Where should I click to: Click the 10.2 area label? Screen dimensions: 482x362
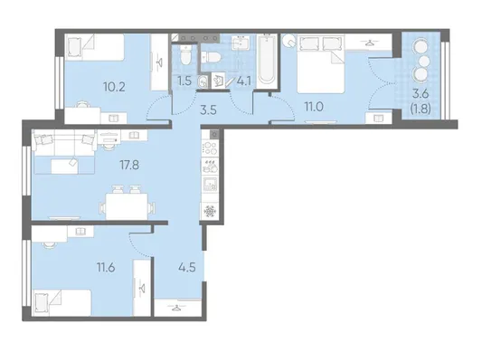tap(114, 88)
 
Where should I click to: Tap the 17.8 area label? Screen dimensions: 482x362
tap(129, 165)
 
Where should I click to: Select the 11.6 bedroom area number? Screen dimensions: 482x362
tap(106, 268)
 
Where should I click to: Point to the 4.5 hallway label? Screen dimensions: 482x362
tap(187, 267)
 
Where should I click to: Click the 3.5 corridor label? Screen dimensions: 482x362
tap(208, 110)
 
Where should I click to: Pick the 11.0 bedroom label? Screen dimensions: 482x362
tap(314, 107)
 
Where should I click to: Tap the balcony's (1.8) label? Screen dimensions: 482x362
tap(421, 109)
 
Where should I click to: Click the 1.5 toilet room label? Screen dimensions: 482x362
tap(184, 81)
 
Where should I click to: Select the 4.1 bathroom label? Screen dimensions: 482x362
tap(244, 81)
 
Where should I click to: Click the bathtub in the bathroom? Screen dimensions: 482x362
tap(266, 60)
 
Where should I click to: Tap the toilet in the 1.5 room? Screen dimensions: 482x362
tap(185, 55)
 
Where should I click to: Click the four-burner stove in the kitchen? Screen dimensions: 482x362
tap(210, 148)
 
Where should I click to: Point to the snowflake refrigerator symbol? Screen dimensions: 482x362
tap(211, 211)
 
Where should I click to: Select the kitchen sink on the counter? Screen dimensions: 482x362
tap(210, 185)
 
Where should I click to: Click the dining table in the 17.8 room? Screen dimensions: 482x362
tap(127, 206)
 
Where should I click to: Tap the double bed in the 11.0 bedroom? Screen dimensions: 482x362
tap(321, 63)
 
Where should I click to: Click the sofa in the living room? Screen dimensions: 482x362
tap(64, 151)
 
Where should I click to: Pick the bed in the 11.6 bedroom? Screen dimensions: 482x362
tap(61, 302)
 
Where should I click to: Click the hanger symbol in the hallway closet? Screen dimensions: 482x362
tap(176, 308)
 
